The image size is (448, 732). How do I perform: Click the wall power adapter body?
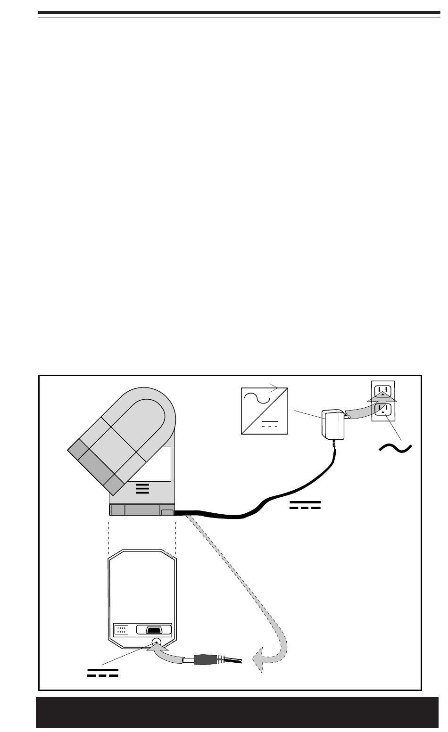(332, 425)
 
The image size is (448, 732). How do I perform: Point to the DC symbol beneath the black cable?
(305, 506)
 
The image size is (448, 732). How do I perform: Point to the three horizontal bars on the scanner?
(142, 488)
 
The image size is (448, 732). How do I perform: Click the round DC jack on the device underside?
(157, 642)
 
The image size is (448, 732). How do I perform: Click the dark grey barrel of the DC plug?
(207, 659)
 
